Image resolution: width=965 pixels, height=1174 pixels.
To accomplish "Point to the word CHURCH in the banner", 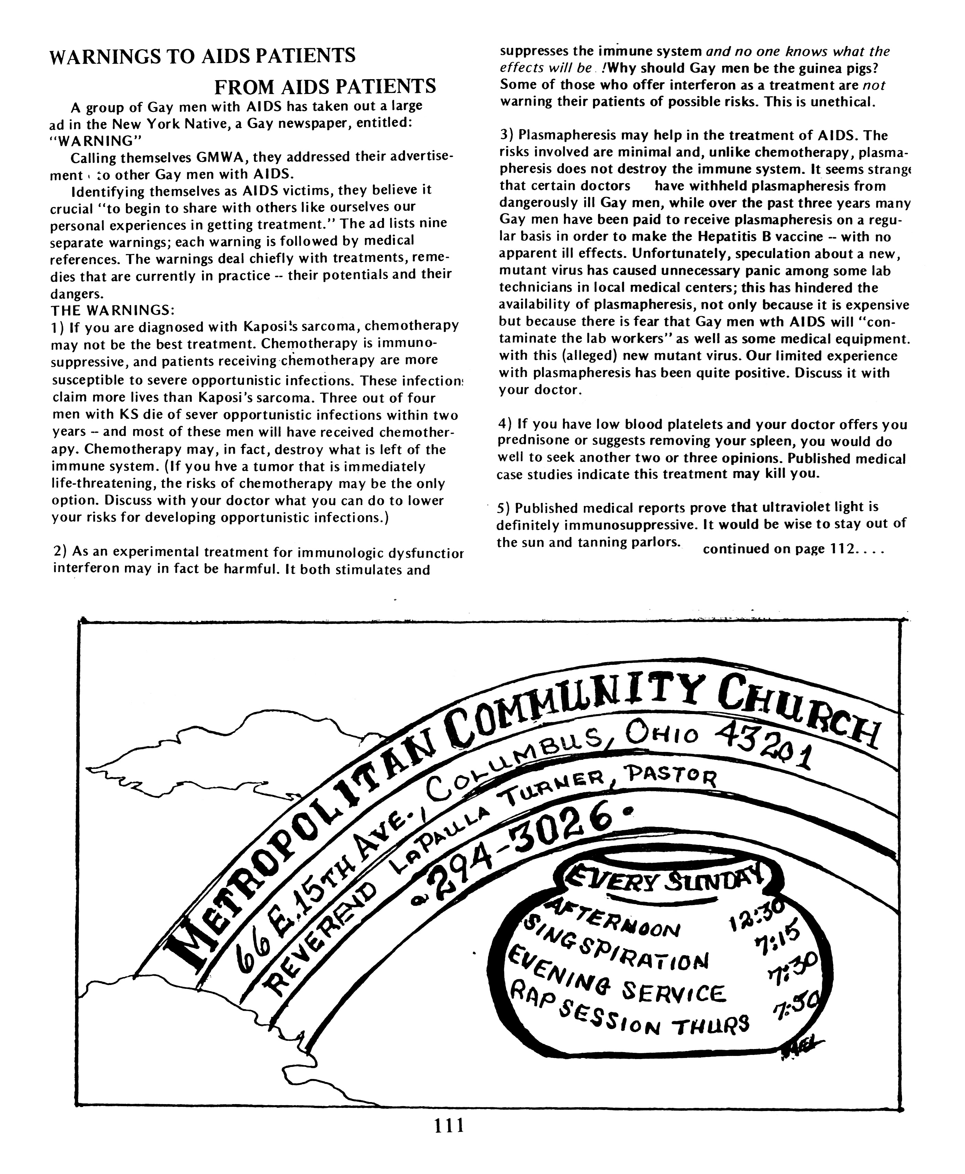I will coord(798,709).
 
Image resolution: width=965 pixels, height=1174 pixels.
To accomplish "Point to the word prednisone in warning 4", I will coord(535,442).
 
